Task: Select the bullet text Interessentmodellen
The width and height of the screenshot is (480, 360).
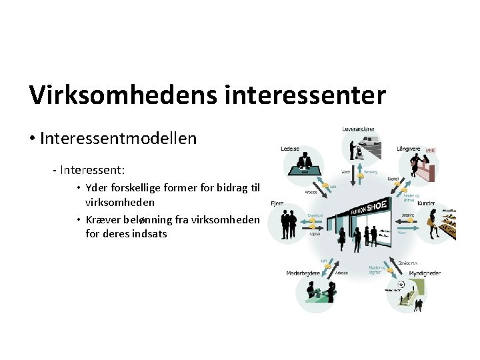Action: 118,139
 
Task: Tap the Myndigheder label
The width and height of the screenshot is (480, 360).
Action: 425,273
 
